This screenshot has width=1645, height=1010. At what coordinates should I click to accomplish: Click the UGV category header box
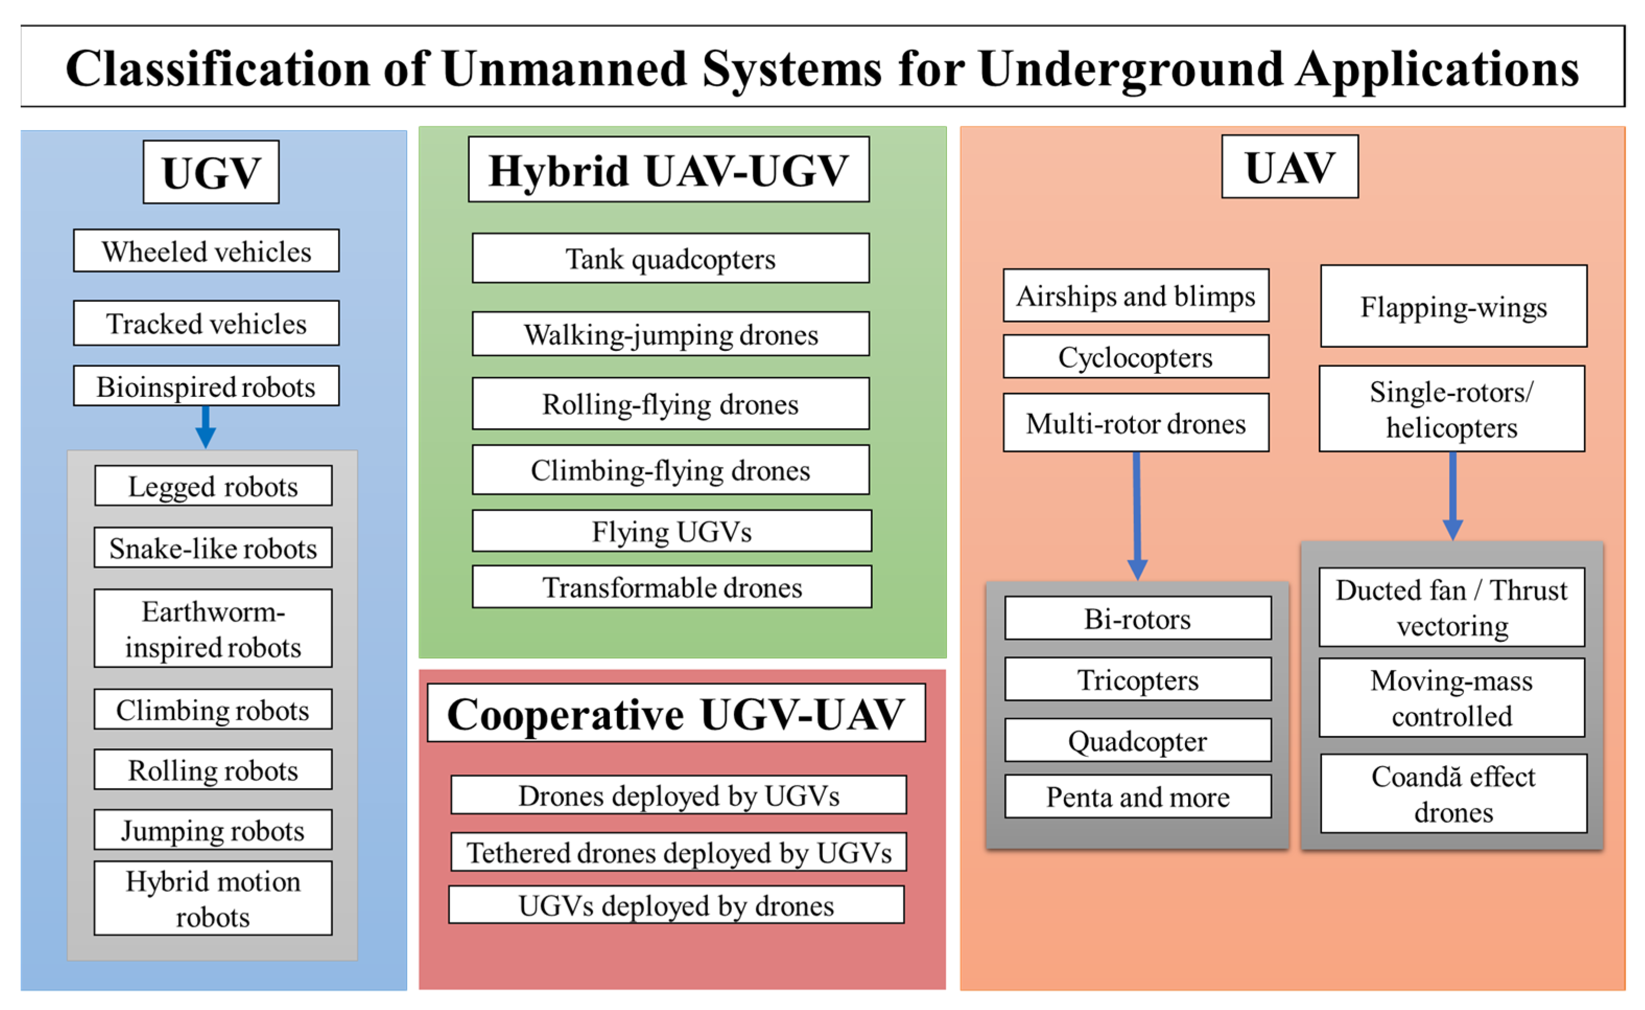tap(211, 172)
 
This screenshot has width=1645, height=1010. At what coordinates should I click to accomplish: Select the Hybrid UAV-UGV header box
tap(669, 169)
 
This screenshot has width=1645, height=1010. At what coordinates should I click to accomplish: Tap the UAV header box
tap(1290, 166)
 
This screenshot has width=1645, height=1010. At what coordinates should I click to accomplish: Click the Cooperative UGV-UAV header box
tap(676, 712)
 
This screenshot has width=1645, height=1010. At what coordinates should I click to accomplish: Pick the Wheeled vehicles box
tap(206, 251)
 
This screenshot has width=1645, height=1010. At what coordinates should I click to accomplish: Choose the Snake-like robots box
tap(213, 547)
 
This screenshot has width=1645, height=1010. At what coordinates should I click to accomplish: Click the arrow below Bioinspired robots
tap(206, 427)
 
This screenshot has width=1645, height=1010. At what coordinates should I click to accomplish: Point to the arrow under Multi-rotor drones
tap(1137, 515)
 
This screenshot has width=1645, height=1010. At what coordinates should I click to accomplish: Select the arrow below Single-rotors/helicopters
tap(1453, 496)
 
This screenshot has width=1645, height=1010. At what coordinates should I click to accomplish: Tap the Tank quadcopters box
tap(671, 258)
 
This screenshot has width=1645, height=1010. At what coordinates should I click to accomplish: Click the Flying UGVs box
tap(671, 531)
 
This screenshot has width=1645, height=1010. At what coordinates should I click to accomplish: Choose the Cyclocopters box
tap(1135, 356)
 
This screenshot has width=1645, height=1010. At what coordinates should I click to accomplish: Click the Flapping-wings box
tap(1453, 306)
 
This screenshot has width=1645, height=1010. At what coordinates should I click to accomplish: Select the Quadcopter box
tap(1138, 740)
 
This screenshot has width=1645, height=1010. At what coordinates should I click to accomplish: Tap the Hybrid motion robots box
tap(213, 898)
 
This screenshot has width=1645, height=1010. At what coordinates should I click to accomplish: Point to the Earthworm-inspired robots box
tap(213, 628)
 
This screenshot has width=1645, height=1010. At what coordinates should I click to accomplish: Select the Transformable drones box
tap(671, 586)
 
